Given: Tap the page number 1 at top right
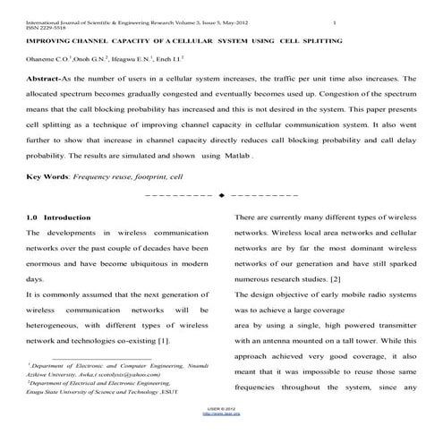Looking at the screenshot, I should (x=333, y=21).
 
